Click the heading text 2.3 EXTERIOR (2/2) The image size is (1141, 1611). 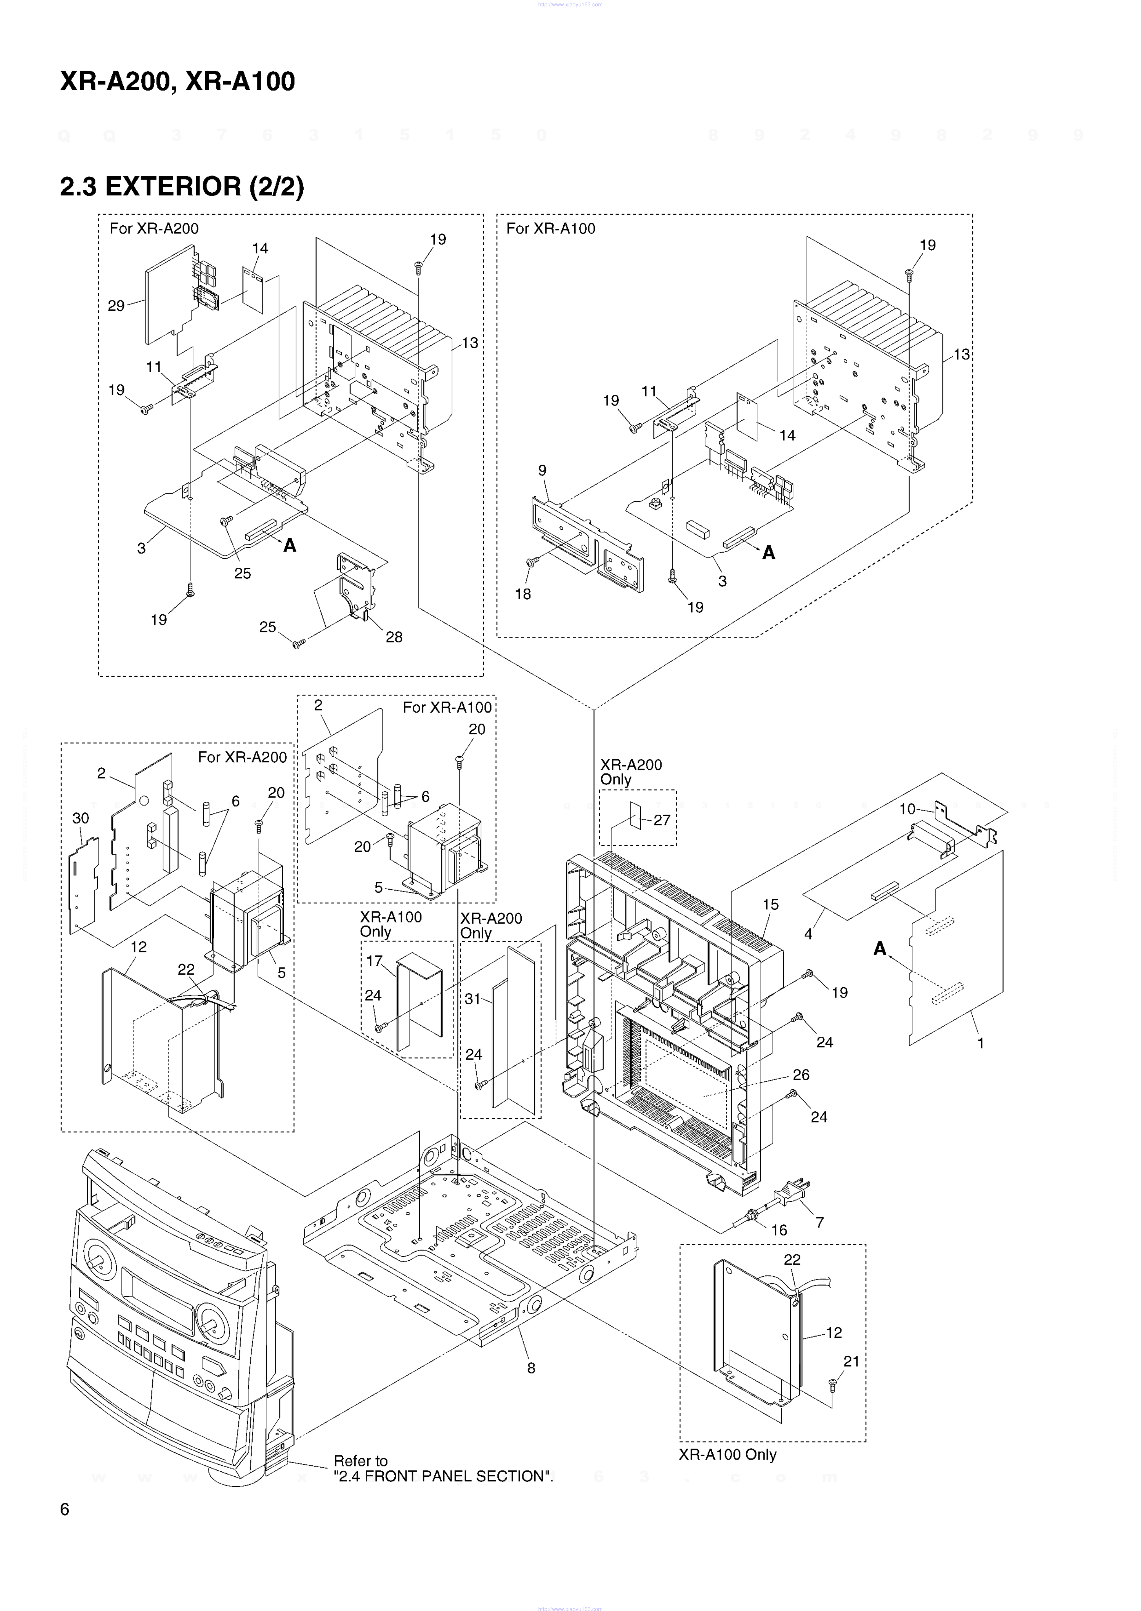pyautogui.click(x=182, y=187)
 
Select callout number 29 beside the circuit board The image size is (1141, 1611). pyautogui.click(x=116, y=305)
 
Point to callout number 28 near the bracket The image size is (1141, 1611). pyautogui.click(x=394, y=637)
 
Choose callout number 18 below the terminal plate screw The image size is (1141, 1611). pyautogui.click(x=523, y=594)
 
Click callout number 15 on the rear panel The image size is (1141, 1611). pyautogui.click(x=771, y=905)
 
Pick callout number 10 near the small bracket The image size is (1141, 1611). pyautogui.click(x=907, y=809)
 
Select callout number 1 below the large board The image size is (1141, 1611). pyautogui.click(x=981, y=1044)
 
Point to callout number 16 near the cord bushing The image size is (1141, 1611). pyautogui.click(x=779, y=1230)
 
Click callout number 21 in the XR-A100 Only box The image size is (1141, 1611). pyautogui.click(x=851, y=1361)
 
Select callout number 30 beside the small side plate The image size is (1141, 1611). pyautogui.click(x=81, y=818)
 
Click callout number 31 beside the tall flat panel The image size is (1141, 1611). pyautogui.click(x=473, y=999)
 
